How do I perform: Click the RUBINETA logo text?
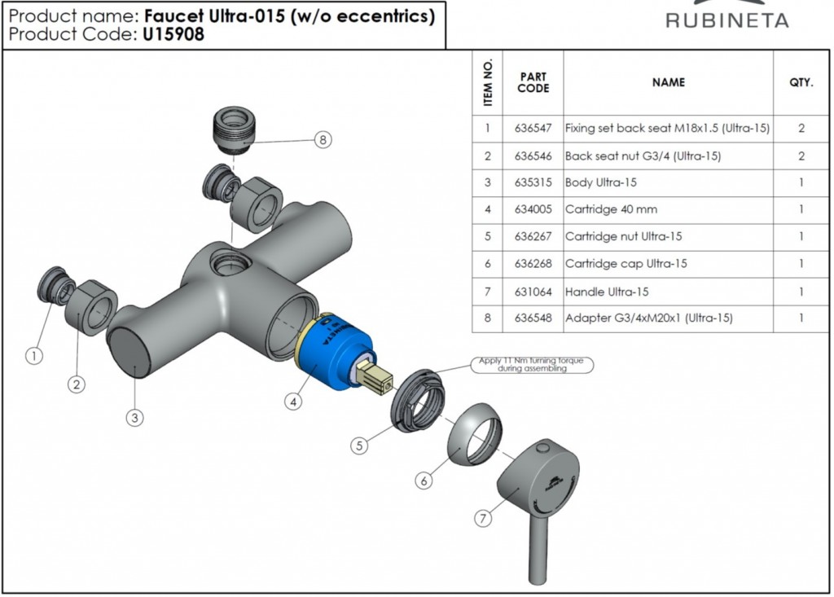pyautogui.click(x=726, y=20)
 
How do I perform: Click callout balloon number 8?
pyautogui.click(x=323, y=139)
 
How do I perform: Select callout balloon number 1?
pyautogui.click(x=33, y=355)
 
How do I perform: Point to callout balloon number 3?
pyautogui.click(x=135, y=418)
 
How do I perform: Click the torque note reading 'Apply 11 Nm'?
pyautogui.click(x=533, y=365)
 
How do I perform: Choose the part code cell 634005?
pyautogui.click(x=533, y=209)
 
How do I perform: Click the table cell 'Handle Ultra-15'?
pyautogui.click(x=607, y=292)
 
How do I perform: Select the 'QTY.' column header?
pyautogui.click(x=801, y=82)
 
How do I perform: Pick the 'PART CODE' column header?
pyautogui.click(x=533, y=82)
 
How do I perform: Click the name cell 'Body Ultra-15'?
pyautogui.click(x=600, y=182)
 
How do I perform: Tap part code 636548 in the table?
pyautogui.click(x=533, y=318)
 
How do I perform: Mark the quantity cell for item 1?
pyautogui.click(x=801, y=129)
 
